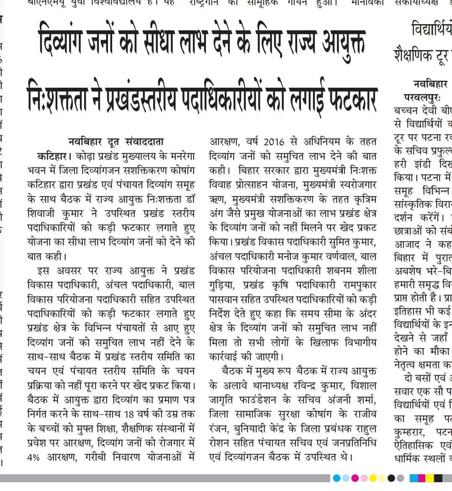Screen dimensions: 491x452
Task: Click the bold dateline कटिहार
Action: point(52,156)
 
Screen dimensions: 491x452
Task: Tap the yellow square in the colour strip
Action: point(427,478)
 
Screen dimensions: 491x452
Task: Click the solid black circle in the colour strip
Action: point(391,478)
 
